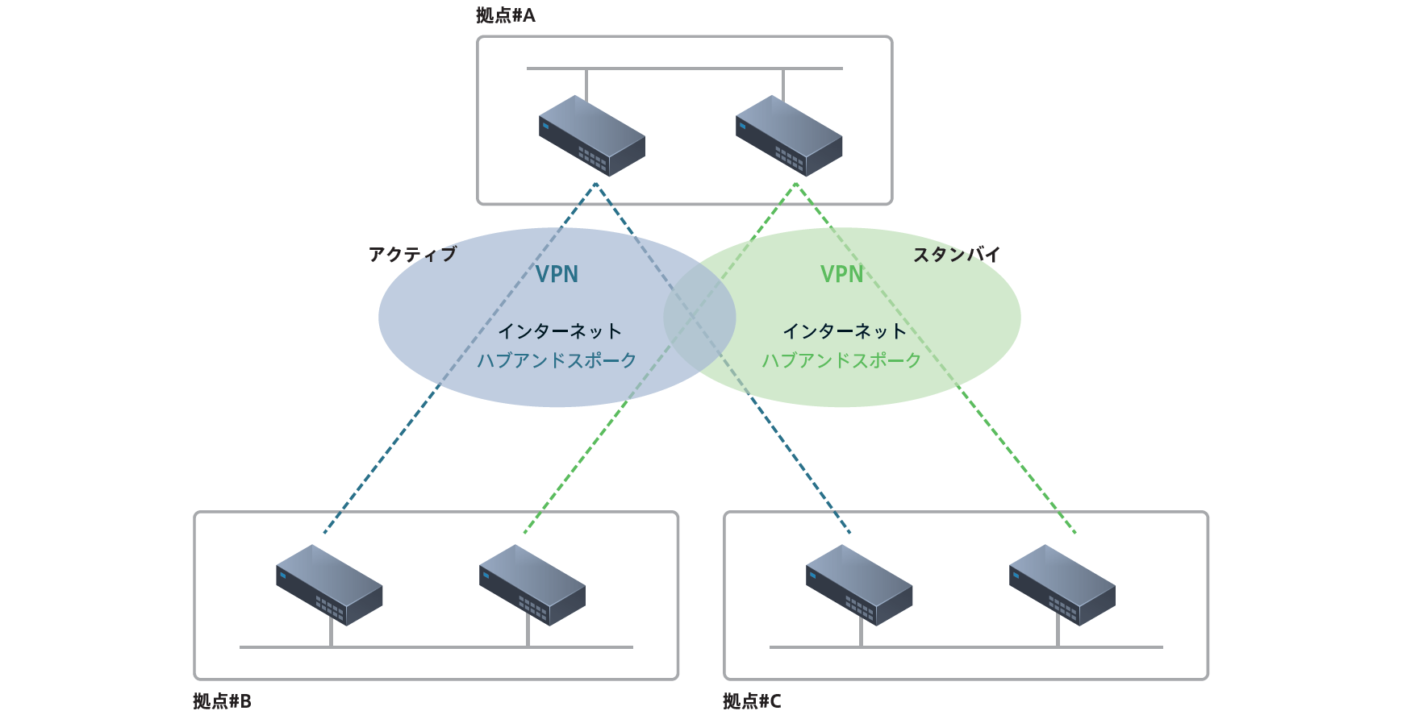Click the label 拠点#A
(506, 15)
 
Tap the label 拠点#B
(222, 701)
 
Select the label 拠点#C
(752, 701)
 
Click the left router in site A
(591, 135)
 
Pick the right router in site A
(788, 135)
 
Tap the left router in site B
(328, 584)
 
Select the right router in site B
(532, 584)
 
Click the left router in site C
(858, 584)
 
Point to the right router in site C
(1062, 584)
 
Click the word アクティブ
(412, 255)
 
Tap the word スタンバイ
(957, 255)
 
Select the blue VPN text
(557, 275)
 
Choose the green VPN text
(842, 275)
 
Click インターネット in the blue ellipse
(560, 331)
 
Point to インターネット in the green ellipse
(845, 331)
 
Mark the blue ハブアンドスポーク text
(557, 360)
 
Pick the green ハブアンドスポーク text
(842, 360)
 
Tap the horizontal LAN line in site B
(436, 646)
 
